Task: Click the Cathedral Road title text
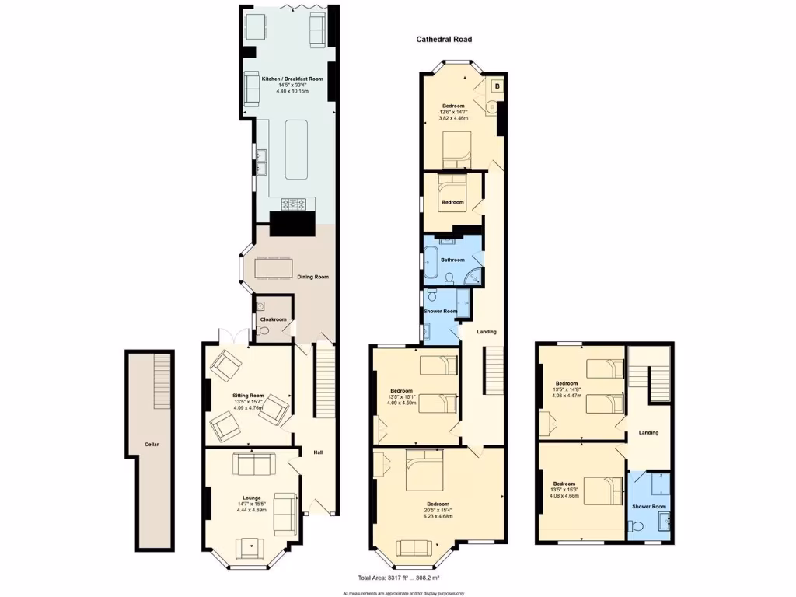point(443,39)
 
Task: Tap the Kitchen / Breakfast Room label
point(292,79)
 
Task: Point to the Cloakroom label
point(273,319)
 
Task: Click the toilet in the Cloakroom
point(263,332)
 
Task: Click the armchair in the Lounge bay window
point(250,547)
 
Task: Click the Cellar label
point(152,445)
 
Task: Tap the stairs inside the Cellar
point(162,377)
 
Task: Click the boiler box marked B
point(497,86)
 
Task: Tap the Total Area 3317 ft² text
point(397,578)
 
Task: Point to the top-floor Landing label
point(648,432)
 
